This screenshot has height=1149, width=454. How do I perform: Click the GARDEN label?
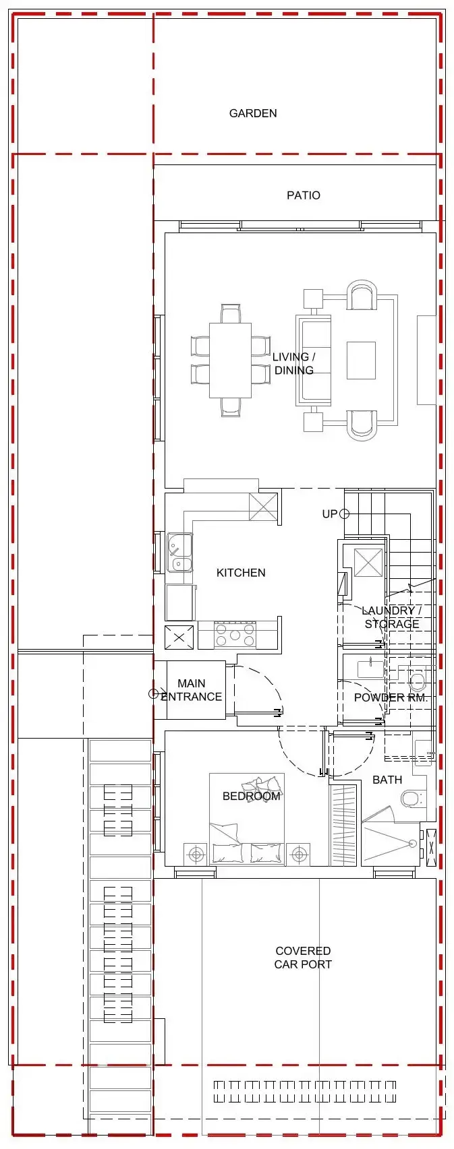point(253,113)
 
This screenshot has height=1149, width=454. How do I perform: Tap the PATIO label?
point(303,195)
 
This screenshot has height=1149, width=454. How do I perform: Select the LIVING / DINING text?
point(293,363)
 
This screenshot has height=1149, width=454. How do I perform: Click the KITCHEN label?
point(241,573)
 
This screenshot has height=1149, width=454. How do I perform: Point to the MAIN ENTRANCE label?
point(191,690)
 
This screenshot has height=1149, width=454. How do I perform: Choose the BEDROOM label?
point(251,796)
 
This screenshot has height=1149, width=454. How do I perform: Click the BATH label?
point(387,780)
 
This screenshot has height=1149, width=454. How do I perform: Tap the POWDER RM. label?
point(391,697)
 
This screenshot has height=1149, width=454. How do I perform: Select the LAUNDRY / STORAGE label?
point(391,617)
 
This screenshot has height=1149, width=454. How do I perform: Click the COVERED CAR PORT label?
point(303,958)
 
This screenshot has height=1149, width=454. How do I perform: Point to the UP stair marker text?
point(329,514)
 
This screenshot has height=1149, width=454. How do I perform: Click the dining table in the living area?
point(230,361)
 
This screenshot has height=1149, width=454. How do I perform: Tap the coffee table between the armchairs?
point(361,361)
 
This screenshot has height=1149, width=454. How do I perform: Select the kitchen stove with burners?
point(235,634)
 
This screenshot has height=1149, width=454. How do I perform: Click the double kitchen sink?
point(180,553)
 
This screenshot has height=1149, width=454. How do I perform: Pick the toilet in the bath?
point(412,799)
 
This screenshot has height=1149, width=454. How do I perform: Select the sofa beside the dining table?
point(314,361)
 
